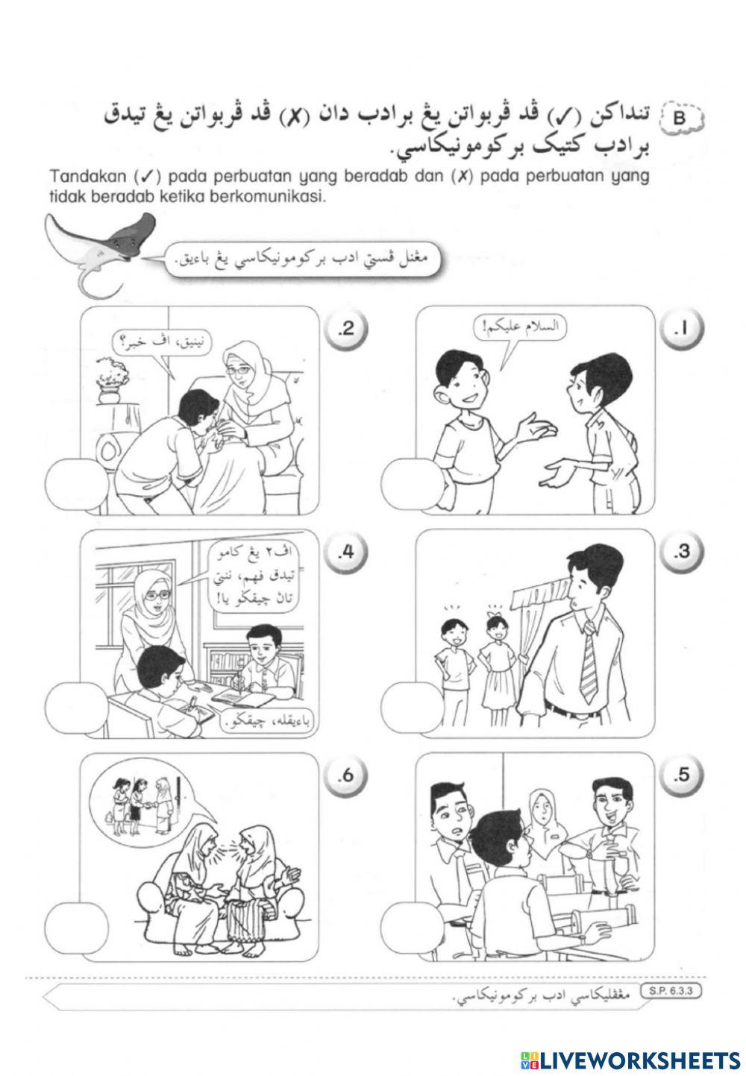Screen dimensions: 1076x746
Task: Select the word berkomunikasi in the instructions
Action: point(283,198)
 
